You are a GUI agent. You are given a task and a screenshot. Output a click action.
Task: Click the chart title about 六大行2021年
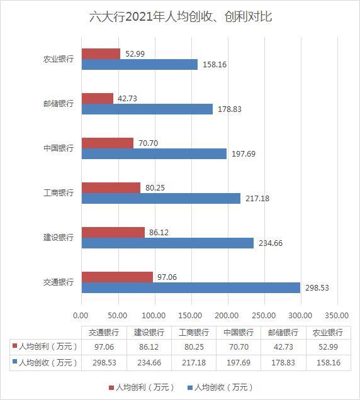(181, 17)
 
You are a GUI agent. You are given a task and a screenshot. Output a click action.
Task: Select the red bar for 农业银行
(101, 54)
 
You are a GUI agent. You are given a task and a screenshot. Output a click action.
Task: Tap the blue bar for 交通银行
(191, 288)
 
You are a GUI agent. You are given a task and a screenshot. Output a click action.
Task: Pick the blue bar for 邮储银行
(147, 109)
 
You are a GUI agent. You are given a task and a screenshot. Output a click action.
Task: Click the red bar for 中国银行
(108, 143)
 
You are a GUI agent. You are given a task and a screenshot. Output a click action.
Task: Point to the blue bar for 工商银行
(161, 198)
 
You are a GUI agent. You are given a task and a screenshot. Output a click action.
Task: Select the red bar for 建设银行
(113, 233)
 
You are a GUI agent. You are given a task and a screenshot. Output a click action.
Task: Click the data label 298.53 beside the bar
(317, 288)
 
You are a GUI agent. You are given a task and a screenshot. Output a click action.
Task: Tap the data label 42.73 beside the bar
(127, 99)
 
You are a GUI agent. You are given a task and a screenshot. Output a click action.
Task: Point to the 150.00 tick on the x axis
(190, 316)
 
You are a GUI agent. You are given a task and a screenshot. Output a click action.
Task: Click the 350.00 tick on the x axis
(337, 316)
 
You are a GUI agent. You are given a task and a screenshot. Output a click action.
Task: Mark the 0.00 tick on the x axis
(81, 316)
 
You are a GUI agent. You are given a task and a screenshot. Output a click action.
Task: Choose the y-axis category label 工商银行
(59, 193)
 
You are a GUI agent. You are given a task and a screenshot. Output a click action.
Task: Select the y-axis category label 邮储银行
(59, 104)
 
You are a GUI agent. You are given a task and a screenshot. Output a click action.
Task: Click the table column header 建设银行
(149, 333)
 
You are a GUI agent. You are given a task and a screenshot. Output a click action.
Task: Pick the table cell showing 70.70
(239, 347)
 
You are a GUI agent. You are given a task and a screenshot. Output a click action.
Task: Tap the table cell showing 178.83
(283, 362)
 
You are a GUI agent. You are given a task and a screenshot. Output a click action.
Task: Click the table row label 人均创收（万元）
(48, 362)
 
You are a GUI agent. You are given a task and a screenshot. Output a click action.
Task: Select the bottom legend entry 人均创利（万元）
(142, 387)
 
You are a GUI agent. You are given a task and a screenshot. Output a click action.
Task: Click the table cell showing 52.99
(329, 347)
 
